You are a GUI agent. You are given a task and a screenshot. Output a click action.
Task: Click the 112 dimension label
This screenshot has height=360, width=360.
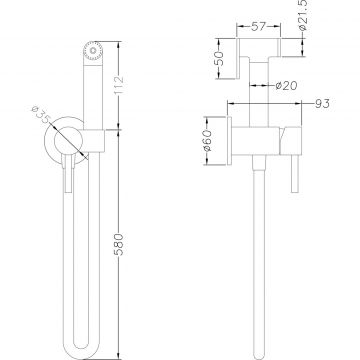[119, 85]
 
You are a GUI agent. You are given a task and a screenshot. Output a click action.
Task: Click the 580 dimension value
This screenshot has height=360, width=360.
[119, 244]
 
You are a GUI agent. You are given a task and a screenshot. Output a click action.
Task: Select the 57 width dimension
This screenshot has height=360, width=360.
[258, 27]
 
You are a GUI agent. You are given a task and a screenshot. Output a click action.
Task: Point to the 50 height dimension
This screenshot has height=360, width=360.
[218, 59]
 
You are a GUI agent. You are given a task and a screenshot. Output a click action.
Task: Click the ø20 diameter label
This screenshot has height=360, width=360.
[286, 86]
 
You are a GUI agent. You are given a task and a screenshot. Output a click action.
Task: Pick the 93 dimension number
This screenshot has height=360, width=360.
[322, 104]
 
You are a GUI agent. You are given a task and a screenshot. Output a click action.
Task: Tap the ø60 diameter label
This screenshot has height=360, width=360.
[207, 140]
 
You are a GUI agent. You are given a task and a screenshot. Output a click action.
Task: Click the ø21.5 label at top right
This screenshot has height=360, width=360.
[303, 15]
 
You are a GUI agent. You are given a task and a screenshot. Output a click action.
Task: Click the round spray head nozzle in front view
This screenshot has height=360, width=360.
[93, 51]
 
